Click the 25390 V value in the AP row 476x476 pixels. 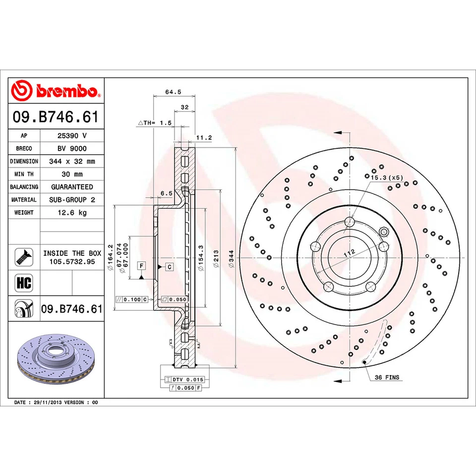[72, 135]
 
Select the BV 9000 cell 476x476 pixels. [72, 148]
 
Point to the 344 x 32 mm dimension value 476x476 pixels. [72, 161]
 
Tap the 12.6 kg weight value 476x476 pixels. [72, 213]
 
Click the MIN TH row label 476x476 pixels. [24, 174]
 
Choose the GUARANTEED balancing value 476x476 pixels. [72, 187]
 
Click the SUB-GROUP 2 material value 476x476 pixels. [72, 200]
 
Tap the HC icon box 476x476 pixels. [24, 283]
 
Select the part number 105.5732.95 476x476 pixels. [72, 261]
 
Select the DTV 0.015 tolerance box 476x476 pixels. [187, 379]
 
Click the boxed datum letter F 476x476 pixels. [141, 267]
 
